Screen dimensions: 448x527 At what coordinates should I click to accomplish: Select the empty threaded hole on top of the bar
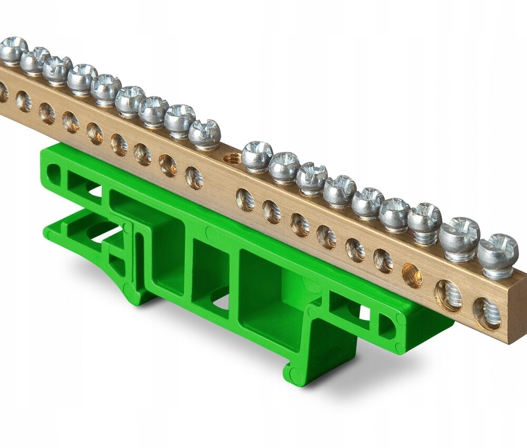click(x=232, y=158)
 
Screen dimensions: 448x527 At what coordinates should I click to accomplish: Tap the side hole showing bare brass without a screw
click(x=412, y=275)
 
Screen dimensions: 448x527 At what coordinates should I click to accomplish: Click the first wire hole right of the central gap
click(x=245, y=200)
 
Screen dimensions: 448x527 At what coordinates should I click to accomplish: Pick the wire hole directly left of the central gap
click(x=194, y=178)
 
